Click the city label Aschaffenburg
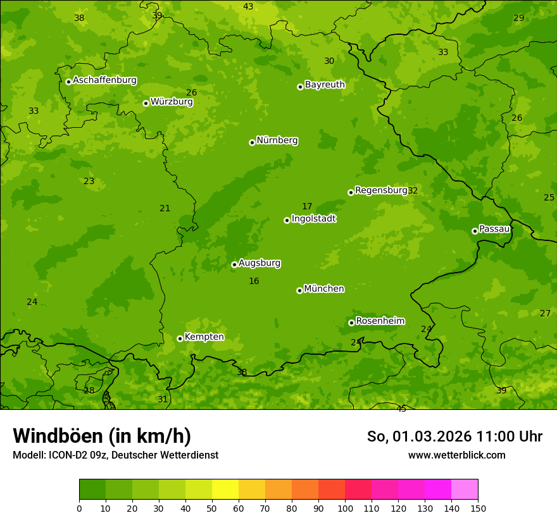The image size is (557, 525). point(104,80)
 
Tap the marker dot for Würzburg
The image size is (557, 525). point(146,103)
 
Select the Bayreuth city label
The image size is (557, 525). point(325,85)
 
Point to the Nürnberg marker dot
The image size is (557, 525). point(252,142)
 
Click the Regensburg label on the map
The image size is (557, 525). point(381,190)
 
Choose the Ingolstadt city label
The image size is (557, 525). point(313,219)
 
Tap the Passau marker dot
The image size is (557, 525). point(475,231)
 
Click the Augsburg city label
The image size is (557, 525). point(260,263)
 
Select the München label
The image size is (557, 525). point(324,289)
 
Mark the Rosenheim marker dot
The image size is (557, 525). point(351,323)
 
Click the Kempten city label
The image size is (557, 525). point(204,337)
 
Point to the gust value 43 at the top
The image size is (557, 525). point(248,7)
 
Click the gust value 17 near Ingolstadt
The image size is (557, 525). point(307,207)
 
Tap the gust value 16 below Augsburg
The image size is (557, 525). point(254,281)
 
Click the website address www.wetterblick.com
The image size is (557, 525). point(456,455)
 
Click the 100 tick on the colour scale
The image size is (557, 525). point(345,508)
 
